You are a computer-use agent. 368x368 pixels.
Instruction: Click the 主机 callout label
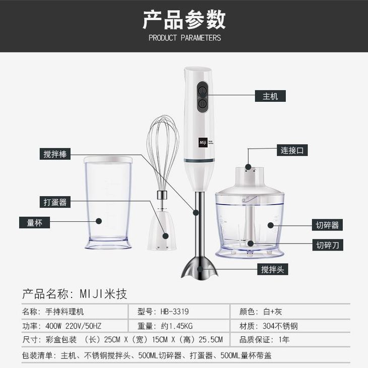[270, 96]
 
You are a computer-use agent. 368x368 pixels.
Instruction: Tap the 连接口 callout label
[292, 150]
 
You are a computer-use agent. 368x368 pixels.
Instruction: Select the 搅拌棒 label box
[55, 154]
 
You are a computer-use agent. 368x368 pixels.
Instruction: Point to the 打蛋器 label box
[55, 202]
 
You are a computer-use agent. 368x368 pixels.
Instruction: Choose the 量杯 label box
[34, 222]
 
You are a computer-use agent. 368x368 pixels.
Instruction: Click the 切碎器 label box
[327, 225]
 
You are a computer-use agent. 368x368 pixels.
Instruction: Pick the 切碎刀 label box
[328, 245]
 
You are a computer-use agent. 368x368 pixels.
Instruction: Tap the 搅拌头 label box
[273, 269]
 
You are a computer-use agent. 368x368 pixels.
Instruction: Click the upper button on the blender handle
[203, 90]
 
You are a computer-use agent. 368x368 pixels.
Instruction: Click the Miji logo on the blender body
[203, 142]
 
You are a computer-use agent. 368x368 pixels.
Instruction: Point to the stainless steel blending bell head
[200, 269]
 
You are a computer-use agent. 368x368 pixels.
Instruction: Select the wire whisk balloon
[162, 153]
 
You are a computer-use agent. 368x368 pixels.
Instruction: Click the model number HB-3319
[174, 312]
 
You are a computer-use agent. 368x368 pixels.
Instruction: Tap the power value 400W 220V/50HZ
[73, 326]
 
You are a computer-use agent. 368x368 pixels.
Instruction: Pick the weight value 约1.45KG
[177, 326]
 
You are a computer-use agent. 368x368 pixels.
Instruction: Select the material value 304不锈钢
[280, 326]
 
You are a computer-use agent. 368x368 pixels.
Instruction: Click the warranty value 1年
[284, 340]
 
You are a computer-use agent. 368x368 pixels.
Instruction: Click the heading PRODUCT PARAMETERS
[185, 38]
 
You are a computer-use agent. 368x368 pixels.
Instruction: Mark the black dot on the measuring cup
[99, 221]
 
